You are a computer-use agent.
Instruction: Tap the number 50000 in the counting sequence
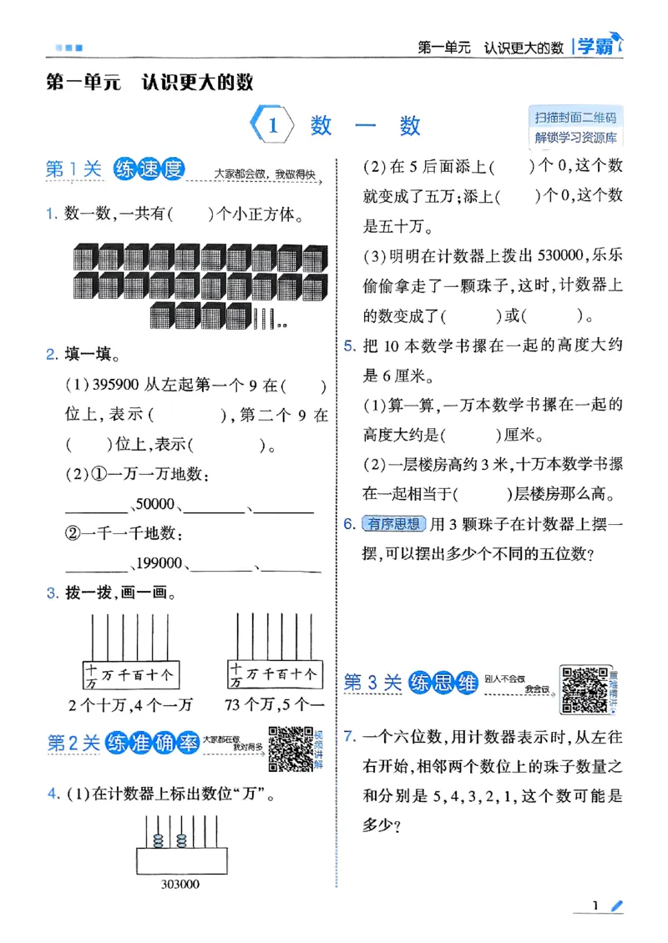154,504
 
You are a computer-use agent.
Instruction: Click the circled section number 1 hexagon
272,126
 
